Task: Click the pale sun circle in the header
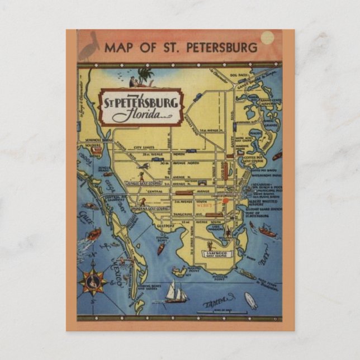(x=267, y=37)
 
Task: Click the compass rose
(x=93, y=282)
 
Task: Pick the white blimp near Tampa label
(x=251, y=300)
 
